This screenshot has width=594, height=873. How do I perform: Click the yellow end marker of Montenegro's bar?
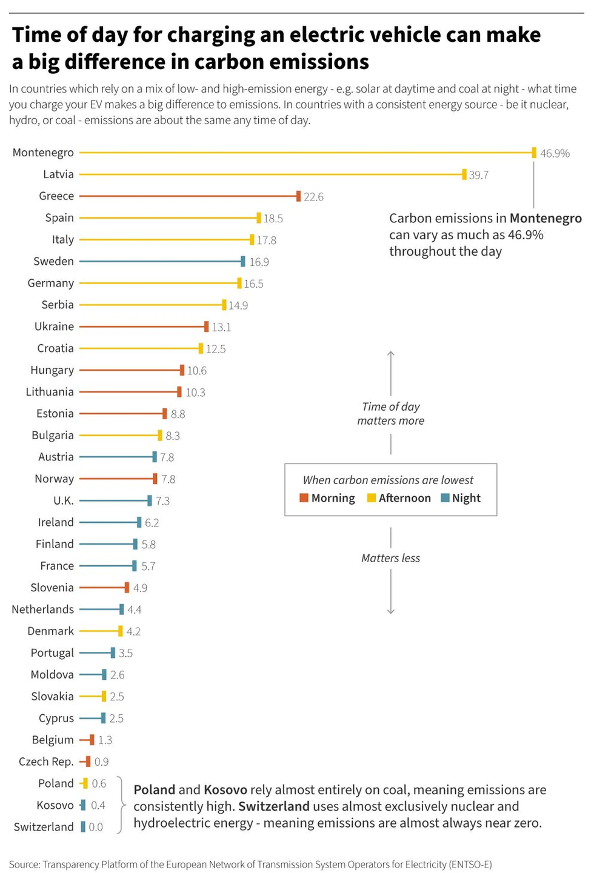534,153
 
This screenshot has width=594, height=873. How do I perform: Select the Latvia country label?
58,174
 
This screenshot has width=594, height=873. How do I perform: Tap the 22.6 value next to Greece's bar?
313,197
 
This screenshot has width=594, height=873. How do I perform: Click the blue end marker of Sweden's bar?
243,262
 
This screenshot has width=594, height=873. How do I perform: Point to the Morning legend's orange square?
304,498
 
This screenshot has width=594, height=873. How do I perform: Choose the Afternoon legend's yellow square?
372,498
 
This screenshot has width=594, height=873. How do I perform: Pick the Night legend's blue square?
445,498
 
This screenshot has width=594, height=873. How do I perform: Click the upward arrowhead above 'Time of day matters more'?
391,353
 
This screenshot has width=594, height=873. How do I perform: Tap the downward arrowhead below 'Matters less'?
391,612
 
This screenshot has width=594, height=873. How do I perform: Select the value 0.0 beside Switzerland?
96,827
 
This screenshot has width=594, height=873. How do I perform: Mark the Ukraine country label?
54,327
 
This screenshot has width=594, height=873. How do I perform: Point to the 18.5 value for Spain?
273,219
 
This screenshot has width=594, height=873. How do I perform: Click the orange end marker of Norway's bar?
155,479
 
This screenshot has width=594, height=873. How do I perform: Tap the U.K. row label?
63,501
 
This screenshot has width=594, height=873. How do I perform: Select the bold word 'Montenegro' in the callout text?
546,218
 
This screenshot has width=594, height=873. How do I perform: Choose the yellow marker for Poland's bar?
85,783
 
